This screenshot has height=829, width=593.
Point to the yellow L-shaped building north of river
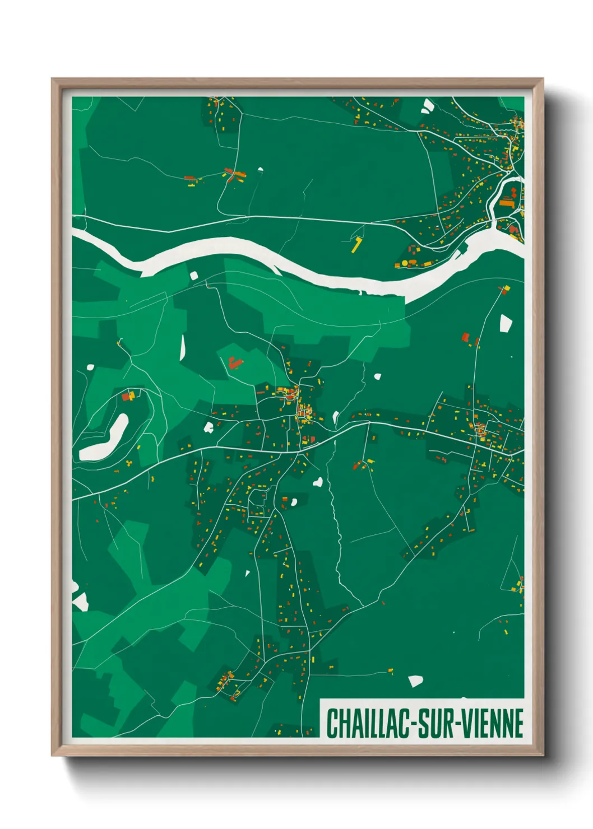pos(356,245)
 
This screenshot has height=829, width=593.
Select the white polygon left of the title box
pos(415,681)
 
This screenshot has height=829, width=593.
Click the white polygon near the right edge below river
pos(506,323)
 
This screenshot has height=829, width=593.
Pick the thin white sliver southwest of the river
pos(183,348)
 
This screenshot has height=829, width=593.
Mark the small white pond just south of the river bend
pos(194,275)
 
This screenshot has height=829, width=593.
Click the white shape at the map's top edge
pos(428,105)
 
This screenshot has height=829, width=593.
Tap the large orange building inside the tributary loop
pos(507,203)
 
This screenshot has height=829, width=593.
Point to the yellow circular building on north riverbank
pos(404,263)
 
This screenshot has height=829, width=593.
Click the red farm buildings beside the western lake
pos(127,396)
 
